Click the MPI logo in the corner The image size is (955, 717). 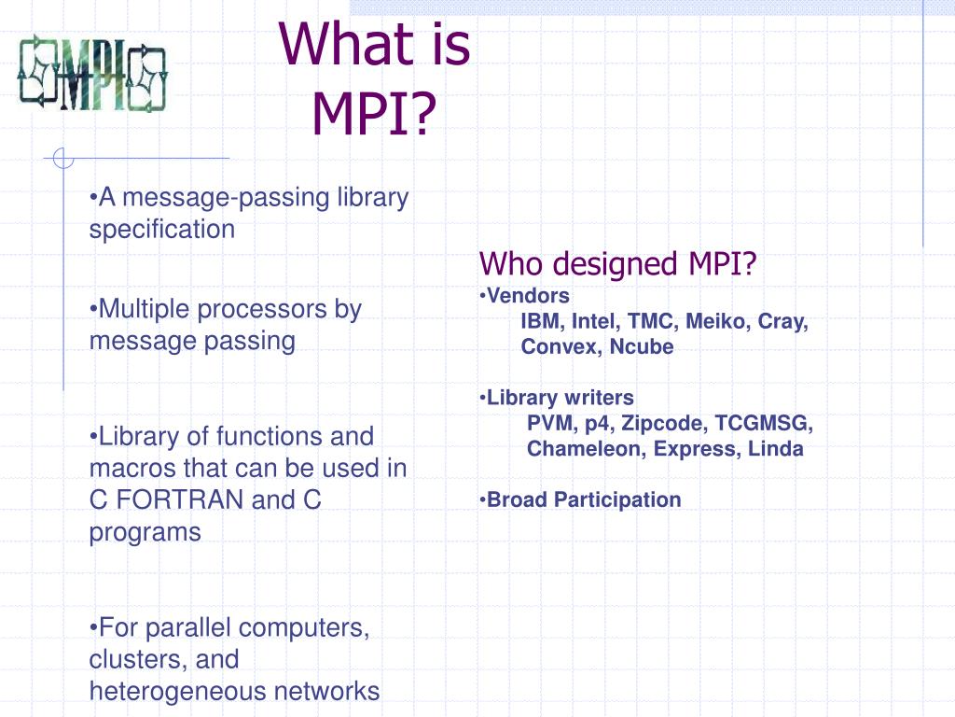tap(92, 73)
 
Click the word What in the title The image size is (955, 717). tap(348, 46)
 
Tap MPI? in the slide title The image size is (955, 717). tap(374, 111)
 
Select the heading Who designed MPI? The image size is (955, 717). tap(618, 264)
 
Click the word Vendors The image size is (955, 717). tap(528, 296)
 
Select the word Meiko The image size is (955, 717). tap(717, 322)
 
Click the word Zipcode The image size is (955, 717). tap(665, 424)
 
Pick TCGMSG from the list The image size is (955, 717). tap(764, 424)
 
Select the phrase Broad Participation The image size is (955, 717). tap(584, 499)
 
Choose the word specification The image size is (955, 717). tap(162, 230)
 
